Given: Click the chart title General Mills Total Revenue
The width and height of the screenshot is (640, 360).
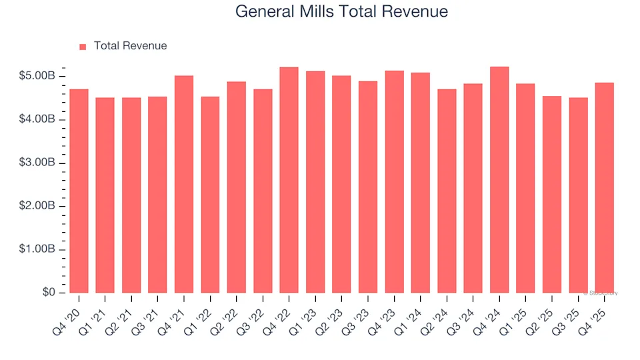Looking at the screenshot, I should coord(341,11).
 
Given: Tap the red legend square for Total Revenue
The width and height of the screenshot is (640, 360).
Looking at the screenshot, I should coord(83,47).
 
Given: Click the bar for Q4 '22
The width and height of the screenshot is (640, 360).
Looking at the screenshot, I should coord(289,180).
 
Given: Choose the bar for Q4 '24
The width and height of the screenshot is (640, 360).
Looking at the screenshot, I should coord(499,180).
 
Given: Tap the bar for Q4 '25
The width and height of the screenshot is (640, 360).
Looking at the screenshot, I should coord(605,188).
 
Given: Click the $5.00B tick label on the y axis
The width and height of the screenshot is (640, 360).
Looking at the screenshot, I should coord(37,77).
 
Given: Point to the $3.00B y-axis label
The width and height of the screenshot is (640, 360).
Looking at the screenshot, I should coord(37,163).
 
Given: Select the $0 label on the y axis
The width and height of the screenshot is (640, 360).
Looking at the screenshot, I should coord(48,293).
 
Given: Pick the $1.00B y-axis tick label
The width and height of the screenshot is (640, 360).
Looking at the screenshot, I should coord(37,250).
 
